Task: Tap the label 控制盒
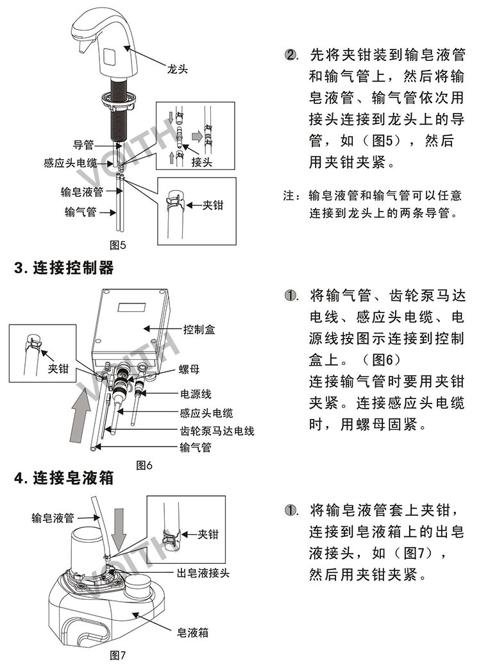click(199, 330)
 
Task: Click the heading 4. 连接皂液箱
click(64, 479)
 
